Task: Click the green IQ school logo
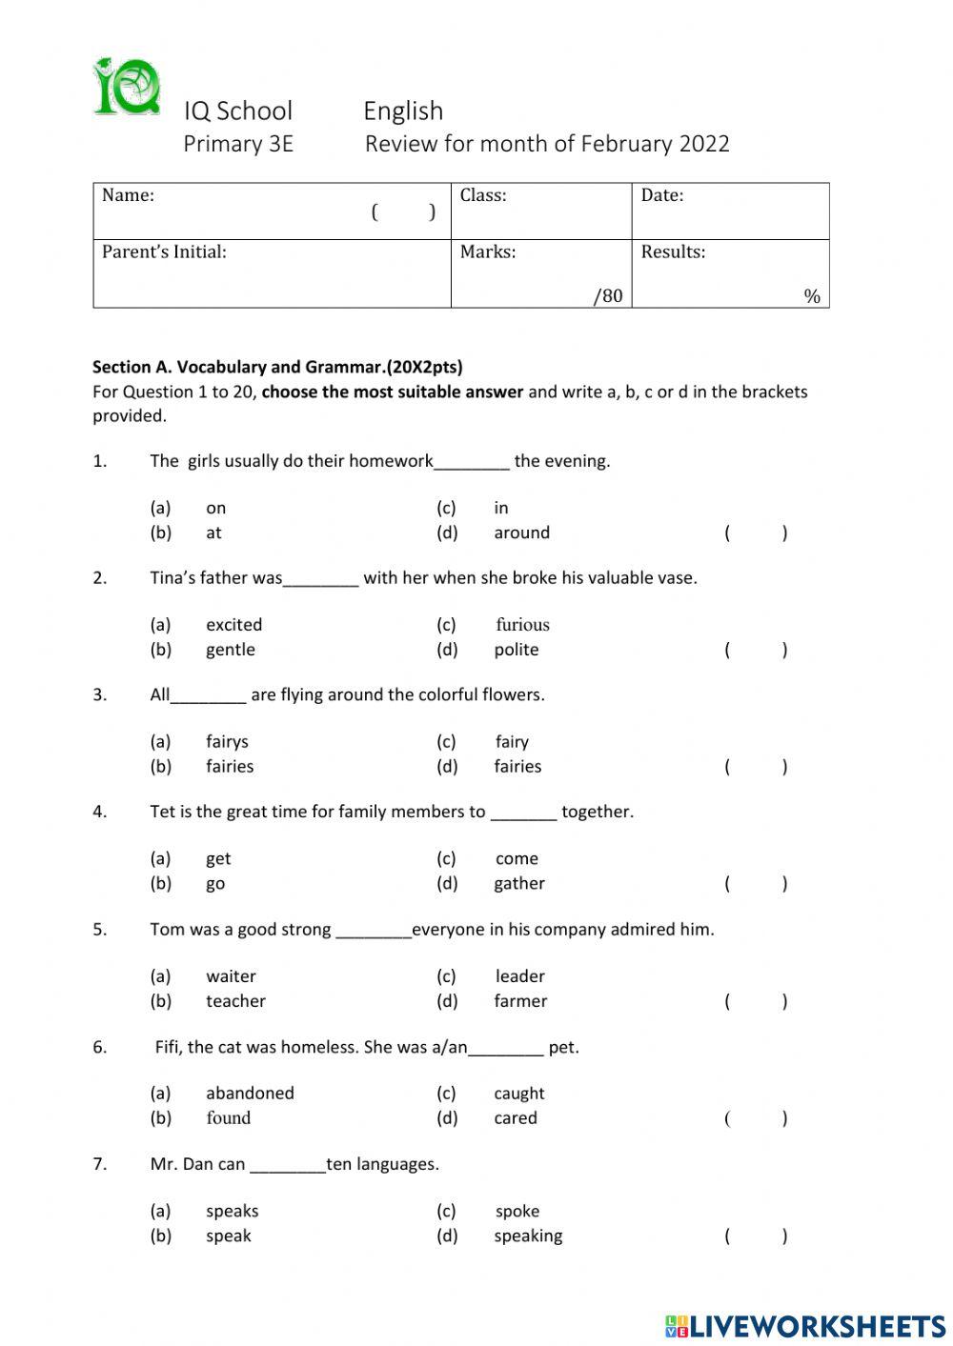pyautogui.click(x=127, y=87)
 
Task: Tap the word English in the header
pyautogui.click(x=403, y=110)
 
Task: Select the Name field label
pyautogui.click(x=128, y=195)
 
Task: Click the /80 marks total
pyautogui.click(x=607, y=295)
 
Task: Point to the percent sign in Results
pyautogui.click(x=811, y=296)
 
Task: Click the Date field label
pyautogui.click(x=661, y=195)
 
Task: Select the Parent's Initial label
pyautogui.click(x=164, y=251)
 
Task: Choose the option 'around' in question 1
pyautogui.click(x=521, y=532)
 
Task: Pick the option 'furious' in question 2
pyautogui.click(x=522, y=625)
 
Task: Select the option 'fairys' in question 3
pyautogui.click(x=227, y=741)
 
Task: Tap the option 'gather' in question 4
pyautogui.click(x=519, y=883)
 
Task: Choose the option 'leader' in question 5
pyautogui.click(x=519, y=976)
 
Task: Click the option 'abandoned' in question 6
pyautogui.click(x=250, y=1093)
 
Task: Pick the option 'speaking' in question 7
pyautogui.click(x=528, y=1236)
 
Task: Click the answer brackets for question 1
pyautogui.click(x=756, y=532)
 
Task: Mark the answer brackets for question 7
pyautogui.click(x=756, y=1236)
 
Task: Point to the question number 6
pyautogui.click(x=100, y=1047)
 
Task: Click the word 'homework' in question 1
pyautogui.click(x=391, y=461)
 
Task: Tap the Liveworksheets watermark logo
pyautogui.click(x=805, y=1325)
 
